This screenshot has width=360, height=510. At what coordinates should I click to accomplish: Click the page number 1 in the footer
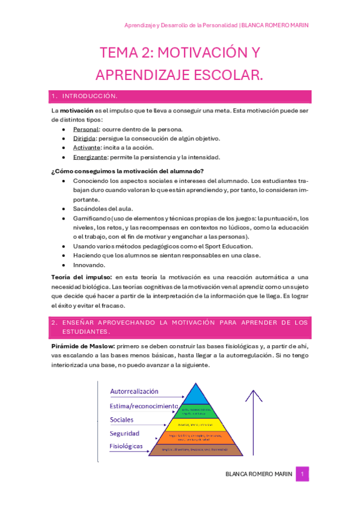pos(303,474)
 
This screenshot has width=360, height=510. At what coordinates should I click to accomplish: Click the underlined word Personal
pos(86,129)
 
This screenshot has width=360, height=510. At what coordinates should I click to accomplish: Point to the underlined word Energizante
pos(90,158)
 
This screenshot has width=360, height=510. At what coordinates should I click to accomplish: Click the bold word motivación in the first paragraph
pos(76,111)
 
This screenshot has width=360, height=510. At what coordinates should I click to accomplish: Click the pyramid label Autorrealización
pos(134,392)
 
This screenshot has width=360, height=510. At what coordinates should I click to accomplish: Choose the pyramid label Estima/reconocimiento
pos(144,406)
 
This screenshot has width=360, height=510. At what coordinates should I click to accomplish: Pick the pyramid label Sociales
pos(121,420)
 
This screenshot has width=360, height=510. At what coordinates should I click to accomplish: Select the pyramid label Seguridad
pos(124,433)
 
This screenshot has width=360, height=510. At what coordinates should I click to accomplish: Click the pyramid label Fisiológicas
pos(126,446)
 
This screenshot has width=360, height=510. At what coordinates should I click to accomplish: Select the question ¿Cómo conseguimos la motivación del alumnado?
pos(127,171)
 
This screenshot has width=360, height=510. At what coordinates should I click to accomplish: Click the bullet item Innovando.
pos(89,265)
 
